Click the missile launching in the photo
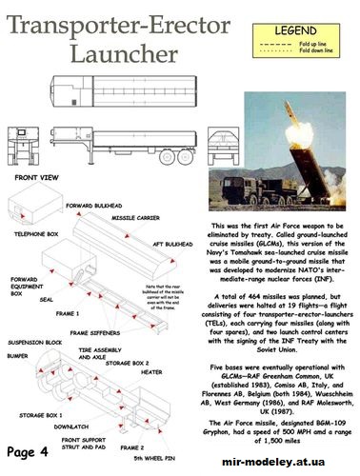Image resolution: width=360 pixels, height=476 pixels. tap(290, 120)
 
